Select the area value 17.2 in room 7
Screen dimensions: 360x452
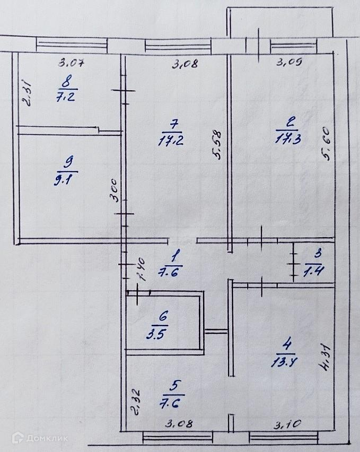coord(171,141)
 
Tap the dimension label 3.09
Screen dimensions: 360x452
coord(290,64)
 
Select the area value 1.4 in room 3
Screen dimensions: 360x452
coord(314,271)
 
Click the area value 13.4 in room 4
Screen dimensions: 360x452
coord(287,363)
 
